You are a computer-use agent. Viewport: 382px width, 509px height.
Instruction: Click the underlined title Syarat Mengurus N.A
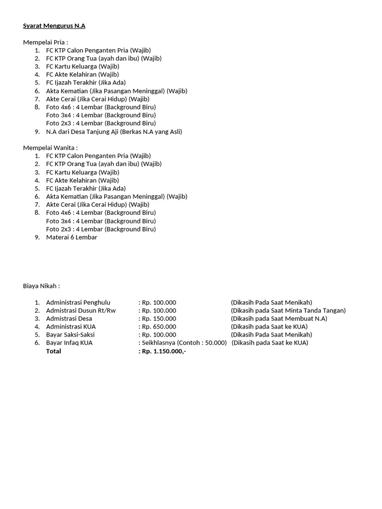click(x=54, y=26)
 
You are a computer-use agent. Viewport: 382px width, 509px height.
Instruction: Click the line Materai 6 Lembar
click(x=72, y=237)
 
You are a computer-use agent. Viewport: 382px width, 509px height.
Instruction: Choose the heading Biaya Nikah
click(x=42, y=286)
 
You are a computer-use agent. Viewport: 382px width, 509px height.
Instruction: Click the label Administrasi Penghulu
click(x=78, y=302)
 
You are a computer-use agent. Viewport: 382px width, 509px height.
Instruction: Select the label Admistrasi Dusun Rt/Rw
click(x=79, y=310)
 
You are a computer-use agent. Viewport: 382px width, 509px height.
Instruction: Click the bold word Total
click(x=54, y=351)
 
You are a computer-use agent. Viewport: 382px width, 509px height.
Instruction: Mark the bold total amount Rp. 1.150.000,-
click(x=164, y=351)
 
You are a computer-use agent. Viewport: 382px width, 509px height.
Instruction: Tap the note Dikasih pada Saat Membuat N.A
click(x=279, y=319)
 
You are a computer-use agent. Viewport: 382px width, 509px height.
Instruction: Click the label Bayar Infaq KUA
click(x=69, y=342)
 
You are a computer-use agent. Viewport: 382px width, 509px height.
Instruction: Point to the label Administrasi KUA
click(x=71, y=327)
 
